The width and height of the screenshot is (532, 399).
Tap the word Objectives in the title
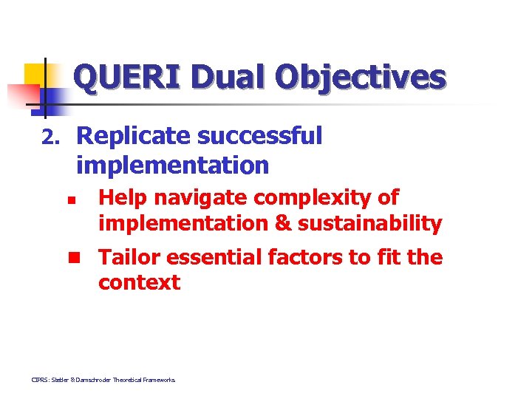[x=361, y=77]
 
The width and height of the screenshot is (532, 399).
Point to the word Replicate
[x=134, y=137]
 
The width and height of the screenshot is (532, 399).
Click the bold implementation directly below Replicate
[x=172, y=165]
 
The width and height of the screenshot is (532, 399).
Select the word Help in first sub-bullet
[x=123, y=198]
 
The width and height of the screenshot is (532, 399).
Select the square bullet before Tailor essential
[x=74, y=258]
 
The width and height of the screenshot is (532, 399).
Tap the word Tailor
[x=129, y=257]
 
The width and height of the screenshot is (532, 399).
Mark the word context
[x=139, y=282]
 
